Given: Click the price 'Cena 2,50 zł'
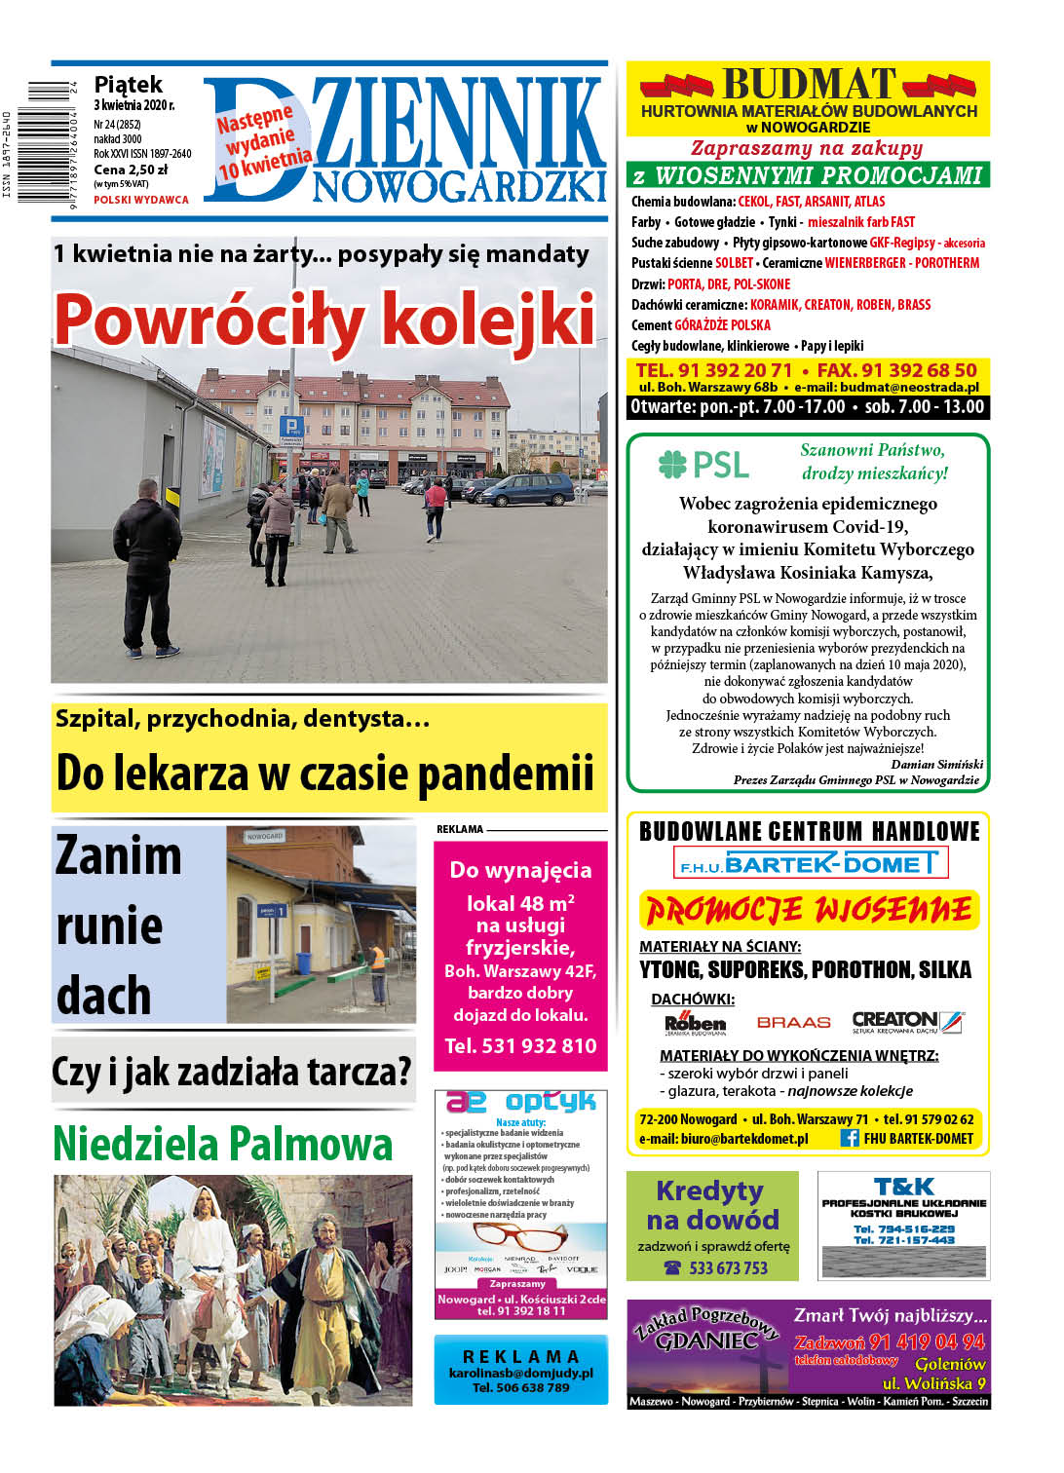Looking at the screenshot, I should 131,170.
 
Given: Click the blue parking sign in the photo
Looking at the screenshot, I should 290,427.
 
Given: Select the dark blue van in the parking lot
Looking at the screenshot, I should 527,489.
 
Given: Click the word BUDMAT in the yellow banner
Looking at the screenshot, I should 809,84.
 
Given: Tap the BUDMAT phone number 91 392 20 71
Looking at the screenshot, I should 713,370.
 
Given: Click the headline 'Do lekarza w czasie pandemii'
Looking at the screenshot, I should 324,773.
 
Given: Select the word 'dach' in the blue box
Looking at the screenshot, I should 104,996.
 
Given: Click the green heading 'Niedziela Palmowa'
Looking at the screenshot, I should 223,1144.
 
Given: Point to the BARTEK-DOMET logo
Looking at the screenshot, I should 810,863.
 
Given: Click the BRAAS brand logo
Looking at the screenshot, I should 793,1023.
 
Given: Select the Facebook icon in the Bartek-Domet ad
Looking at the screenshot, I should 849,1138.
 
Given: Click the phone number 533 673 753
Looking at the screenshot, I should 728,1267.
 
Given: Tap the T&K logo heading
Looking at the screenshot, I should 903,1187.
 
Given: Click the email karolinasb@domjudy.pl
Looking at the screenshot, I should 520,1373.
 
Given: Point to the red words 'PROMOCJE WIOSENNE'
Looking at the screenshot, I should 809,911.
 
